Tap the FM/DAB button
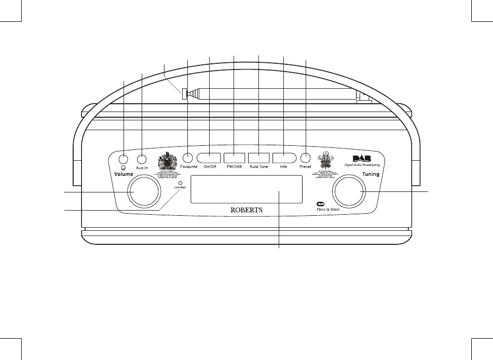(x=234, y=158)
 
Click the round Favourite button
(x=188, y=158)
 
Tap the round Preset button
(x=306, y=158)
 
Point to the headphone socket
(x=124, y=159)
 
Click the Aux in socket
(x=142, y=159)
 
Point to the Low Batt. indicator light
(x=180, y=183)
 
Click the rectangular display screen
(x=247, y=189)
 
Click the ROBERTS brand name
(x=246, y=210)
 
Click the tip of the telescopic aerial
(x=184, y=93)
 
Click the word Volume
(x=124, y=175)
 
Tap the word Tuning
(x=371, y=174)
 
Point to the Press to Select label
(x=328, y=209)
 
